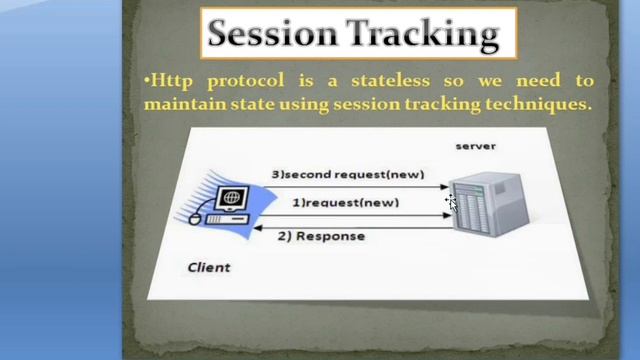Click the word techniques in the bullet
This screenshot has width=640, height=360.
click(536, 103)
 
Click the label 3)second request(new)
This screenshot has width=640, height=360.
click(348, 174)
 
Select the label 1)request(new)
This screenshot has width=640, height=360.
click(345, 202)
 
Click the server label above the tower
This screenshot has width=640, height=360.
click(475, 146)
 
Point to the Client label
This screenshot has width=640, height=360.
click(209, 267)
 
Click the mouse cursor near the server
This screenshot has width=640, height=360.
click(451, 202)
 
